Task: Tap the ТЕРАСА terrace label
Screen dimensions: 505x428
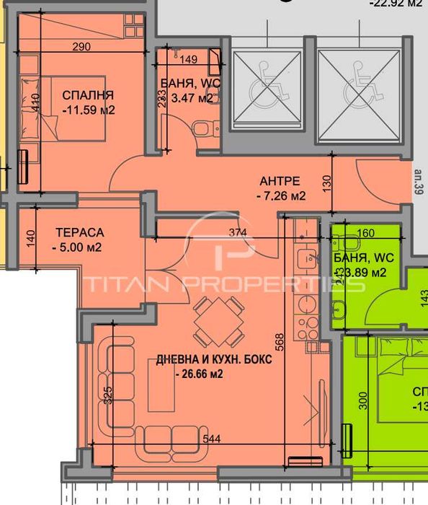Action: (80, 232)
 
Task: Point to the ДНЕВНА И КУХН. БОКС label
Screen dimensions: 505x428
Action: (214, 360)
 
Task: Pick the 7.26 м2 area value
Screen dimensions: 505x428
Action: (282, 196)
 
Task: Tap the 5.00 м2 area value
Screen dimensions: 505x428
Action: (77, 247)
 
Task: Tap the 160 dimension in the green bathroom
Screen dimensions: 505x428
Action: (366, 233)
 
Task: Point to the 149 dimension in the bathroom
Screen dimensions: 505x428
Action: (189, 60)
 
